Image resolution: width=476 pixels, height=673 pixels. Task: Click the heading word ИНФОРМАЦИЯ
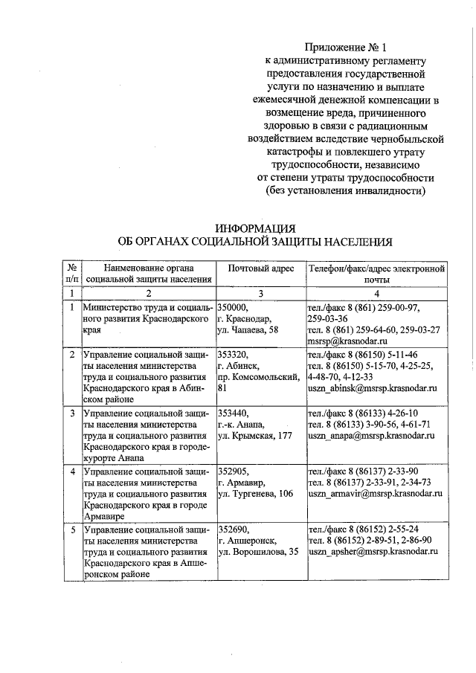[x=255, y=228]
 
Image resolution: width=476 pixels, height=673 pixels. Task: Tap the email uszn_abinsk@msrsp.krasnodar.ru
[x=371, y=388]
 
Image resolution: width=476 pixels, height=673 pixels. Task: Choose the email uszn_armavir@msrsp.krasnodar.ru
[x=375, y=492]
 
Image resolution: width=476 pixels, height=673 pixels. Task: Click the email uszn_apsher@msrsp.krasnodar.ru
[x=371, y=551]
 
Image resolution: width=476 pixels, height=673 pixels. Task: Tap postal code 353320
[x=233, y=355]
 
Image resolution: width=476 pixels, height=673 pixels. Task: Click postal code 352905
[x=233, y=471]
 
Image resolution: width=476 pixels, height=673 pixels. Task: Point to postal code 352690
[x=233, y=529]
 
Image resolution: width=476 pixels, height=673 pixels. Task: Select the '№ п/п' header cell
[x=72, y=273]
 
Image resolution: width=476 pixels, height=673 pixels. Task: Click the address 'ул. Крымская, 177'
[x=253, y=436]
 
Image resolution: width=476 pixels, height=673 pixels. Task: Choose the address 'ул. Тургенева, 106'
[x=254, y=493]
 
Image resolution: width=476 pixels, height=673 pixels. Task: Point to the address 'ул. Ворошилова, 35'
[x=257, y=551]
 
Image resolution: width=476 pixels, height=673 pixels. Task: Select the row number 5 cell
[x=72, y=529]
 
